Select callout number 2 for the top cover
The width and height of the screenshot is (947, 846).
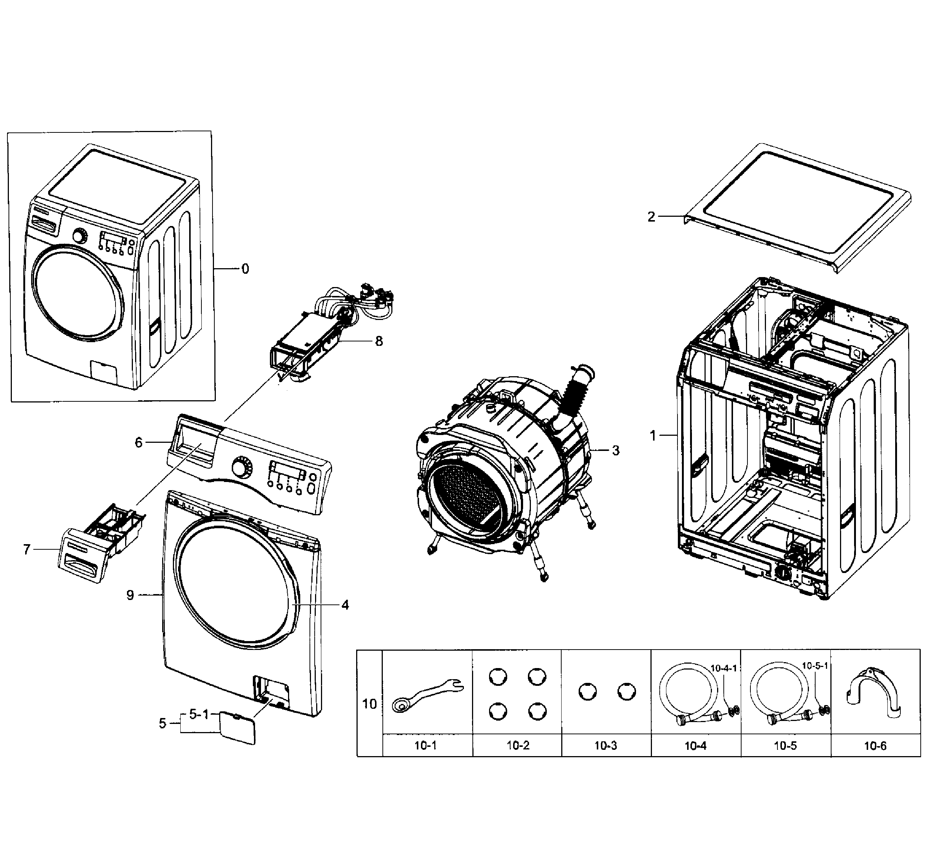pos(651,217)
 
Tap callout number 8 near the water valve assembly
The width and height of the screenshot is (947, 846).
pos(379,341)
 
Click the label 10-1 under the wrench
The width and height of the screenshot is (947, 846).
pos(426,746)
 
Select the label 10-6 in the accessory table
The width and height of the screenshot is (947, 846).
pos(876,746)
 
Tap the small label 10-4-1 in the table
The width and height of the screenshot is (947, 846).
pos(724,668)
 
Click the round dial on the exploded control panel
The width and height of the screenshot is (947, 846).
pos(241,467)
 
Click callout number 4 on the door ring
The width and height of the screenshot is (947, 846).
pos(345,605)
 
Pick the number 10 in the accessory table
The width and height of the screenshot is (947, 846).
pos(369,704)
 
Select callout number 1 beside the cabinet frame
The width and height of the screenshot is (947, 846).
pos(653,435)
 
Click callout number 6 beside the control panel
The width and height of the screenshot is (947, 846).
pos(138,442)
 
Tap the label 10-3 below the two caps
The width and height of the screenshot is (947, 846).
pos(606,746)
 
